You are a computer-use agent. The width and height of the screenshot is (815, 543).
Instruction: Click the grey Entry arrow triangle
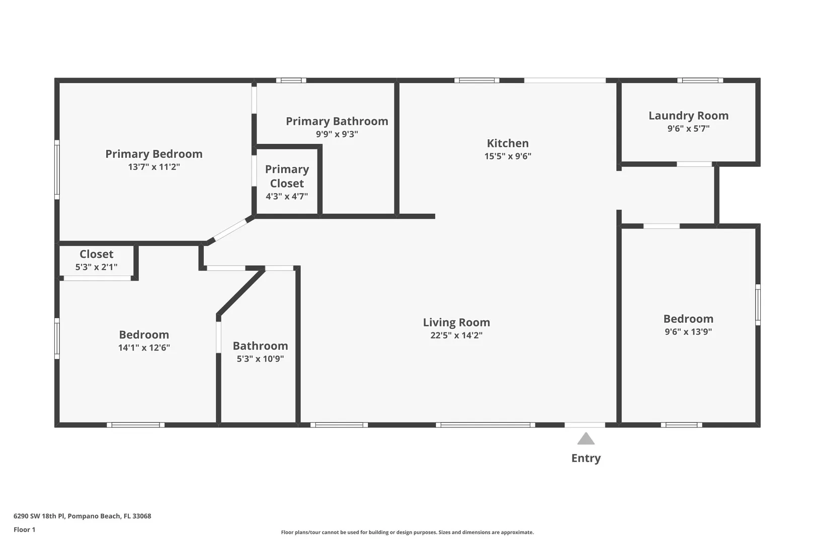[x=586, y=438]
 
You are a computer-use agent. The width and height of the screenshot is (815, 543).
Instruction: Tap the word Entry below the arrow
[x=586, y=458]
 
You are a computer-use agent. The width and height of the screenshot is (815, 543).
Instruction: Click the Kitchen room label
[x=508, y=143]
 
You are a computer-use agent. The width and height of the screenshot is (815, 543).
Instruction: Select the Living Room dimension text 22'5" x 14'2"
[x=456, y=335]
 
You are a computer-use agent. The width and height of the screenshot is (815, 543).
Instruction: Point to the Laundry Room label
[x=688, y=115]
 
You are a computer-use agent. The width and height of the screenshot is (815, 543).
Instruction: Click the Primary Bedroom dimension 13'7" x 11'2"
[x=154, y=166]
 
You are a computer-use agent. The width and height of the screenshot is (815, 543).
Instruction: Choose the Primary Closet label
[x=287, y=176]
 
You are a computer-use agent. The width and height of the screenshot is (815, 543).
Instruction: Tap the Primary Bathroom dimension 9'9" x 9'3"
[x=337, y=134]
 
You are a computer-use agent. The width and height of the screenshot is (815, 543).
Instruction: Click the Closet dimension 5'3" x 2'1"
[x=97, y=267]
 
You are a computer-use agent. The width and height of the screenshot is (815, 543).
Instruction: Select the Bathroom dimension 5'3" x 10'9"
[x=260, y=358]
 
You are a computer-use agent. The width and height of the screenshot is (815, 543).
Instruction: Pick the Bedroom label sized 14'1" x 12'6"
[x=144, y=335]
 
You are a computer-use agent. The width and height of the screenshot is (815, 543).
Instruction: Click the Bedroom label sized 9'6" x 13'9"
[x=688, y=319]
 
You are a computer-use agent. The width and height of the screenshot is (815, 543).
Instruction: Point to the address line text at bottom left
[x=82, y=516]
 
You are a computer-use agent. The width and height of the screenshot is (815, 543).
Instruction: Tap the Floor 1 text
[x=24, y=529]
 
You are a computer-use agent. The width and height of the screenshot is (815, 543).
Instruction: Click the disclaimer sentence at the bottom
[x=407, y=532]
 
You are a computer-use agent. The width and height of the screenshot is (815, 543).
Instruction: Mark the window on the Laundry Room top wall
[x=700, y=80]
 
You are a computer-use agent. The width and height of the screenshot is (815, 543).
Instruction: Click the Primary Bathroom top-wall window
[x=291, y=80]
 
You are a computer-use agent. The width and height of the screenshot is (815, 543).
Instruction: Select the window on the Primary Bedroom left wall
[x=57, y=170]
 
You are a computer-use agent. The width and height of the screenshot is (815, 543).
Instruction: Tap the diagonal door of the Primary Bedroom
[x=230, y=230]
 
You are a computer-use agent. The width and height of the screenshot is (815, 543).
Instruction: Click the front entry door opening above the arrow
[x=585, y=425]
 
